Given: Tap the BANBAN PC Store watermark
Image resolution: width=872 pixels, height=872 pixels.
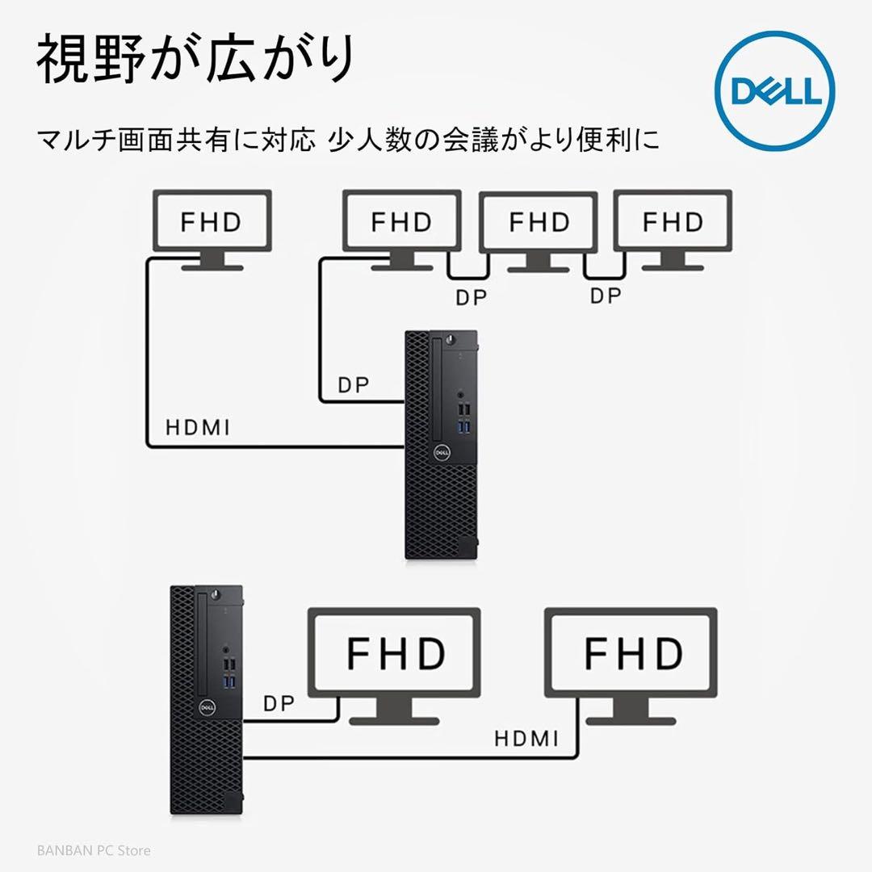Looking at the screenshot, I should (94, 850).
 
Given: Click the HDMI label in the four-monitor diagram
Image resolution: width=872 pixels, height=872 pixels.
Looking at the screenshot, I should (198, 427).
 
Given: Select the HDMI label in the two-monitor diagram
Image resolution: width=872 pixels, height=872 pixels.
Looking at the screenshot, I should (526, 738).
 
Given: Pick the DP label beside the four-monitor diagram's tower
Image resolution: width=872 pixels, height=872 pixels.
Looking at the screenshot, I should (353, 386).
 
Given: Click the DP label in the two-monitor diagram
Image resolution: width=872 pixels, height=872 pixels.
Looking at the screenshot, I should (279, 703).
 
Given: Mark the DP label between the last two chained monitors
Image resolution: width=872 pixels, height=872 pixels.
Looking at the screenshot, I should (606, 296).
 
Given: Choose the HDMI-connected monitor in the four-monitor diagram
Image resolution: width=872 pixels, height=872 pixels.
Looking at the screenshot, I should (211, 223).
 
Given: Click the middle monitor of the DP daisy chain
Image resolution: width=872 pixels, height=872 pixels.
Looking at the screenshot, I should (539, 223).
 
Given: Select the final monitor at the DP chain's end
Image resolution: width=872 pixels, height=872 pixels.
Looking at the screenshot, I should (673, 223).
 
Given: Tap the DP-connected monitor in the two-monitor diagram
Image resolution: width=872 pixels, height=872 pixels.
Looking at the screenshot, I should (396, 652).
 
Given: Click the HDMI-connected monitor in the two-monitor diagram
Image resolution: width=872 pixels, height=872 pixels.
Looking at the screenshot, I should (631, 652).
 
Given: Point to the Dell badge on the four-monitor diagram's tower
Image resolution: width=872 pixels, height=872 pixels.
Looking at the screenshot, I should (442, 453).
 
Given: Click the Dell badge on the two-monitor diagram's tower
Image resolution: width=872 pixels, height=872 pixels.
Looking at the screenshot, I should (206, 706).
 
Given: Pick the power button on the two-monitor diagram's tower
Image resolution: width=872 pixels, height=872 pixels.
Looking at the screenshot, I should (216, 595).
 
